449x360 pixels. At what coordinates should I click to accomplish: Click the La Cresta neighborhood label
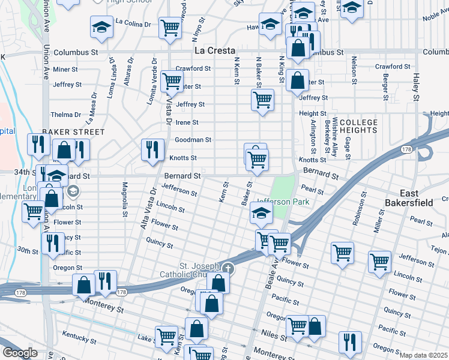point(214,51)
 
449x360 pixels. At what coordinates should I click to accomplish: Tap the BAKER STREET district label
point(73,131)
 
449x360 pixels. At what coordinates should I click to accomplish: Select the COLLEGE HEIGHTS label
point(359,126)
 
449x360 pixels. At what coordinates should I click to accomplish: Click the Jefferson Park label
point(283,202)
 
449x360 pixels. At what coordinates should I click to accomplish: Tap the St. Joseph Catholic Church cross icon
point(228,268)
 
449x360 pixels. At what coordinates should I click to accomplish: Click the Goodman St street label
point(193,140)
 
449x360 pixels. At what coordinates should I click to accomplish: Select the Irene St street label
point(186,122)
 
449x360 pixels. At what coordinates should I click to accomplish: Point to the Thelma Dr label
point(65,115)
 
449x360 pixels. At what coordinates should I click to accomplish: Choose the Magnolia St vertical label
point(125,199)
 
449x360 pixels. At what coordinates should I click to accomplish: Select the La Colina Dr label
point(134,23)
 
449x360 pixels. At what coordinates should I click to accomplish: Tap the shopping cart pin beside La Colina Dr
point(170,28)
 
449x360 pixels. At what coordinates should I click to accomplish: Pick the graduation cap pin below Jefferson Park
point(261,212)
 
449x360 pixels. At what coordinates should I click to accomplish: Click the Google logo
point(19,353)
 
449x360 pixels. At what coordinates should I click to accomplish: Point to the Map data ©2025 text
point(423,355)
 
